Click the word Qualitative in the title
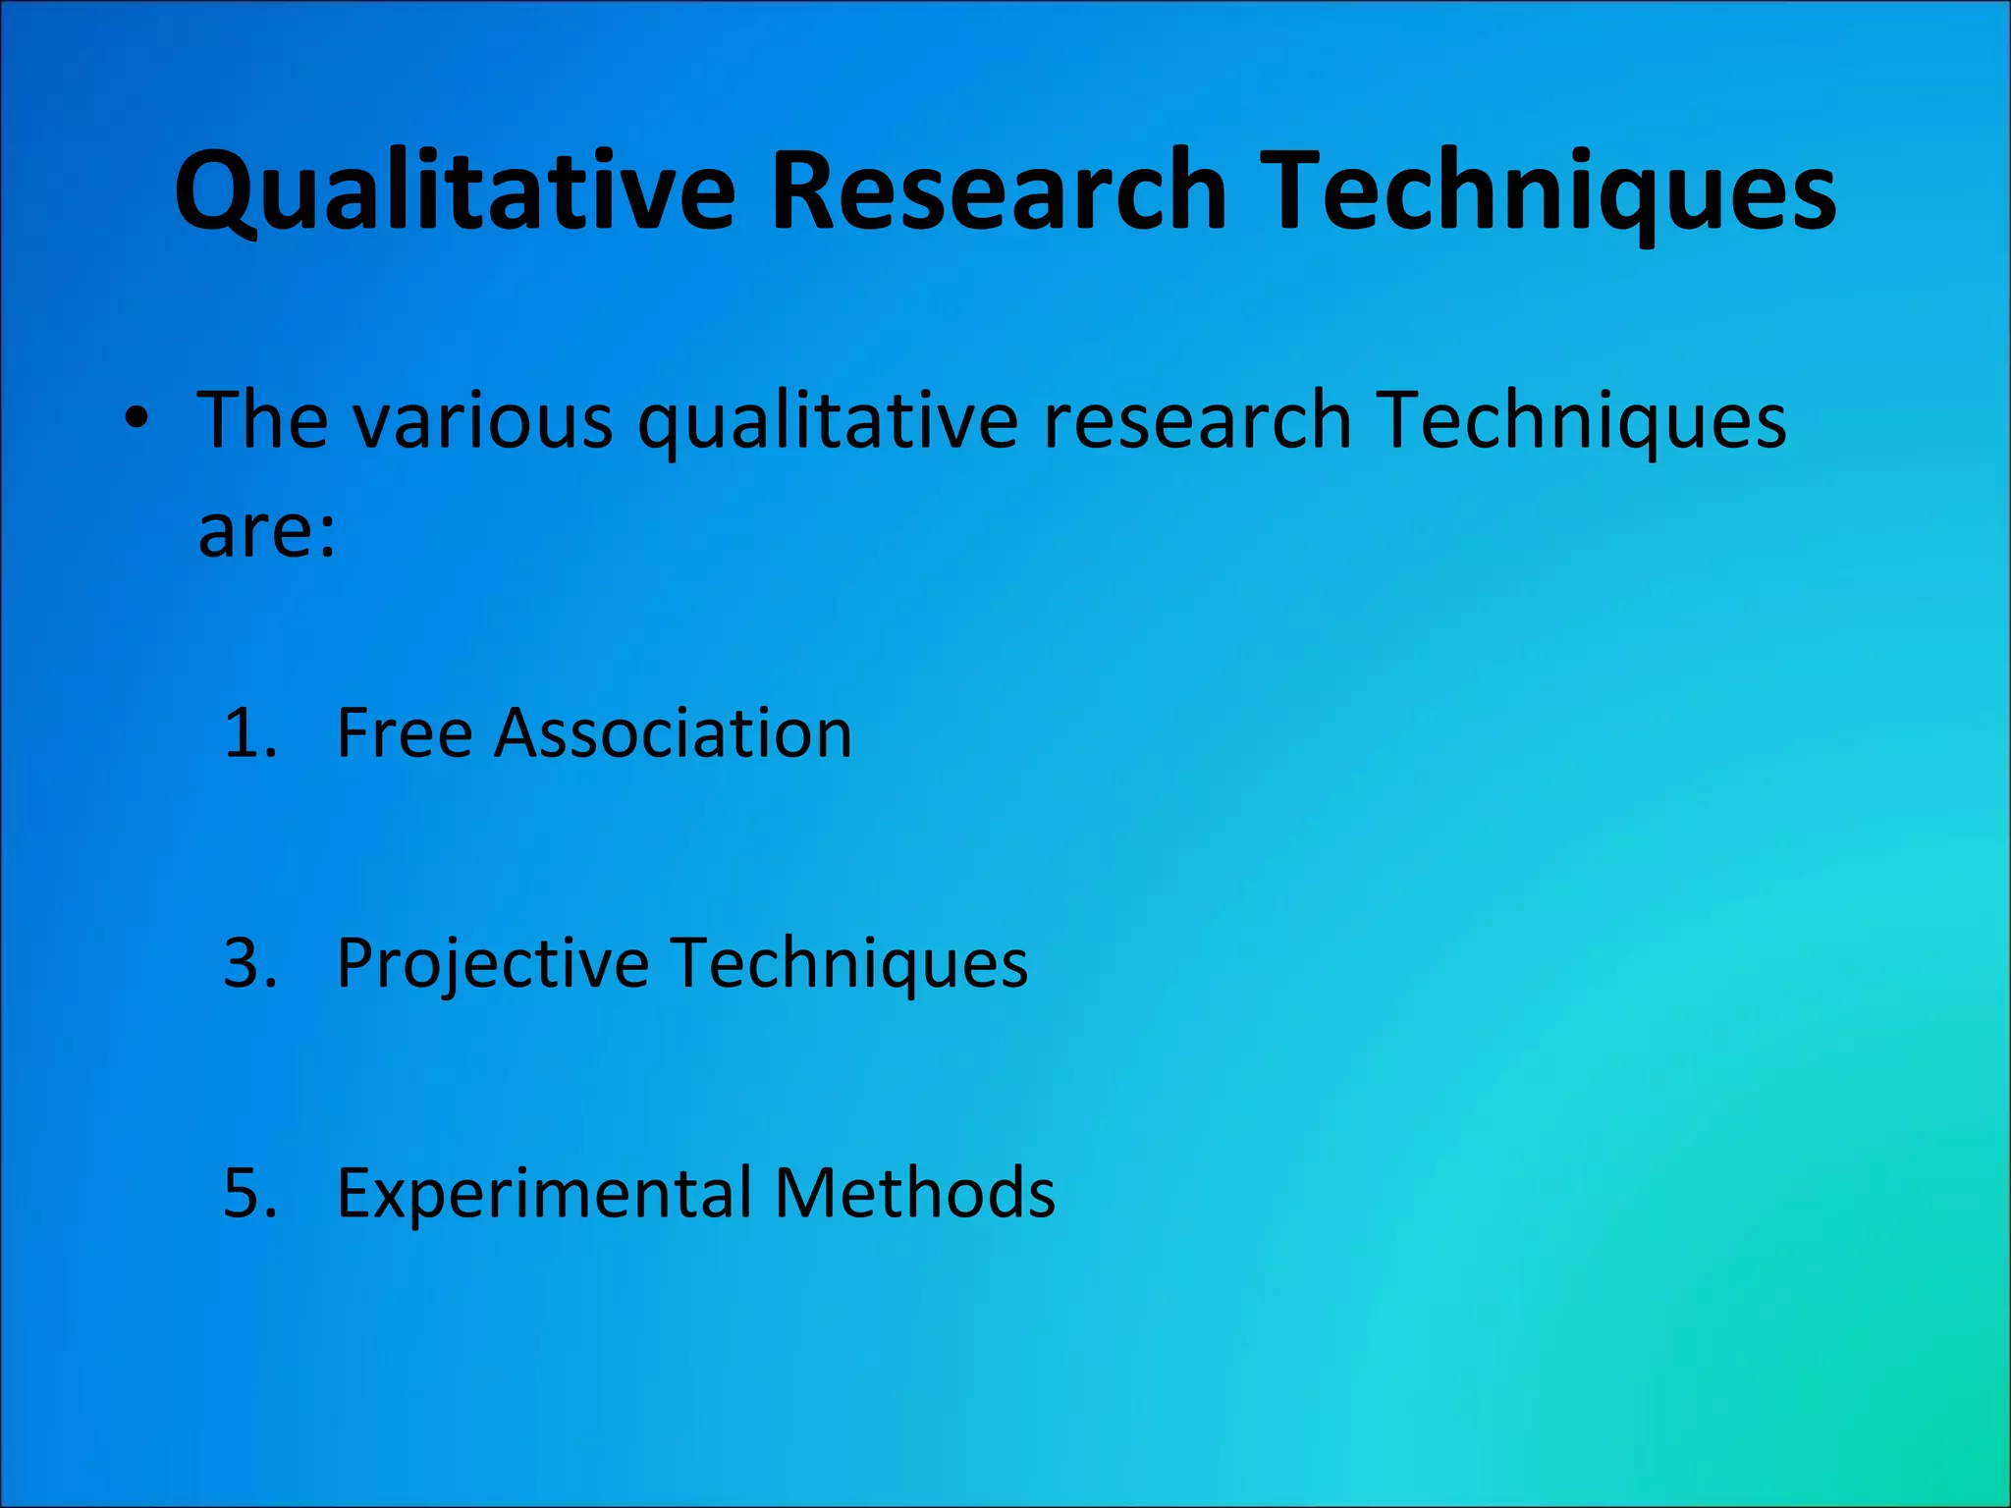[455, 191]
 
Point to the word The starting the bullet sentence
[262, 420]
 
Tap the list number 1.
[248, 733]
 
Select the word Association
[673, 733]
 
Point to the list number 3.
[249, 963]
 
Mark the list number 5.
[249, 1193]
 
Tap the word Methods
[914, 1193]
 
